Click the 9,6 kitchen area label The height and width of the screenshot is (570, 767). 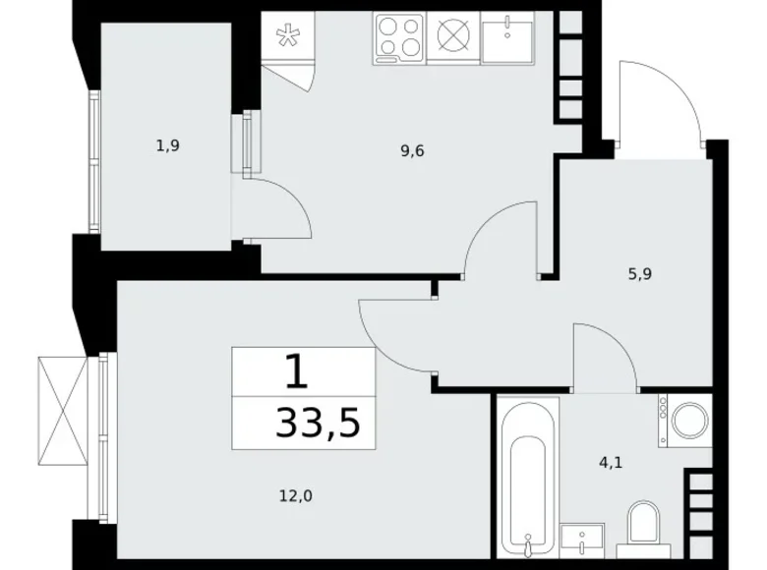pos(412,151)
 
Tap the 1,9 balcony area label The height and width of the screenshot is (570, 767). pos(168,145)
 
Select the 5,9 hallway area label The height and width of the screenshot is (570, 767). pos(640,274)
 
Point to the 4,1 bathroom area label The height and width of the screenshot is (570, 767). pos(611,462)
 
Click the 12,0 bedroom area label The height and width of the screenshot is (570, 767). pos(296,496)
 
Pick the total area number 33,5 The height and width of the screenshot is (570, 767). pos(318,423)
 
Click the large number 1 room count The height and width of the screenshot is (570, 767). pos(296,371)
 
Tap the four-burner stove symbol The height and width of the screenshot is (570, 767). pos(399,38)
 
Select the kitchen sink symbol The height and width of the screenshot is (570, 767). pos(507,37)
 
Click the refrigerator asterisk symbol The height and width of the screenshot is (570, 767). pos(287,36)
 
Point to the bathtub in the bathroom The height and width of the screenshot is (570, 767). pos(528,477)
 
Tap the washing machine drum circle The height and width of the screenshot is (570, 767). pos(690,421)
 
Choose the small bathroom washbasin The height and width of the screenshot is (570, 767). pos(582,541)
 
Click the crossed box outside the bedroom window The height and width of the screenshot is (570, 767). pos(63,411)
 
